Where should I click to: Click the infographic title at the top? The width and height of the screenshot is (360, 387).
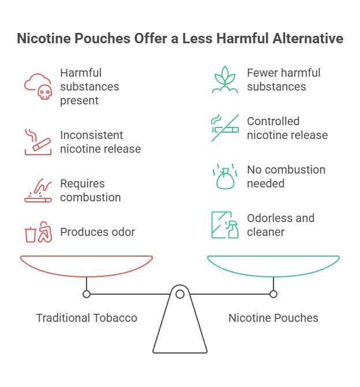pos(180,39)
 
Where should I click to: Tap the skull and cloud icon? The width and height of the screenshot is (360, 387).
pos(37,87)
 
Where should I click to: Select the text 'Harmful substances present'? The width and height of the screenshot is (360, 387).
pos(89,87)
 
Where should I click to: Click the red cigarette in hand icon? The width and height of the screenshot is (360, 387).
pos(37,142)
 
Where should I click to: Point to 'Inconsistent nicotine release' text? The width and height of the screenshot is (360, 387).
pos(100,142)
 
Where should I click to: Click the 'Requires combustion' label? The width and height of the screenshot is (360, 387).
pos(91,190)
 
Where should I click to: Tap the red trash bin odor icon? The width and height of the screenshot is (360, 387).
pos(37,232)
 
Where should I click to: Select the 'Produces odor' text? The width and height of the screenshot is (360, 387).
pos(97,232)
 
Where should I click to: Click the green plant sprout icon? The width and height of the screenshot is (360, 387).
pos(224,80)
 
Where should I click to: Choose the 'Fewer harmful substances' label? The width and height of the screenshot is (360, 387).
pos(283,80)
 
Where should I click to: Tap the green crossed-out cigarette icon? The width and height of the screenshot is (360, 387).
pos(224,128)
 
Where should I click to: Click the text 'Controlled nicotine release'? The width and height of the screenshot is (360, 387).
pos(287,128)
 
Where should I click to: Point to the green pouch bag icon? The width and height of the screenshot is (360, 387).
pos(224,177)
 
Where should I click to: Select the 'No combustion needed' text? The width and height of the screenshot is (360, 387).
pos(286,176)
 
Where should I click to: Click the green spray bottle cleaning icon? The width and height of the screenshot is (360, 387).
pos(224,225)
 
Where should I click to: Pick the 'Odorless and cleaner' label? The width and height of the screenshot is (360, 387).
pos(280,225)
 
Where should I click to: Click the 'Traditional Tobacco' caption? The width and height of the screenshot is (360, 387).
pos(87,318)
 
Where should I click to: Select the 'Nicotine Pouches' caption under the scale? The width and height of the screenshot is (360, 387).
pos(273,318)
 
